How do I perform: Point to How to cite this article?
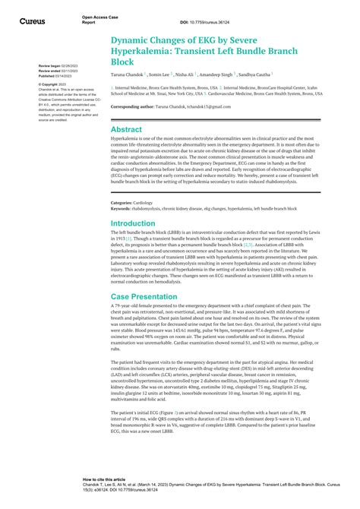tap(104, 480)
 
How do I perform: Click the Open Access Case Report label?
tap(99, 19)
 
